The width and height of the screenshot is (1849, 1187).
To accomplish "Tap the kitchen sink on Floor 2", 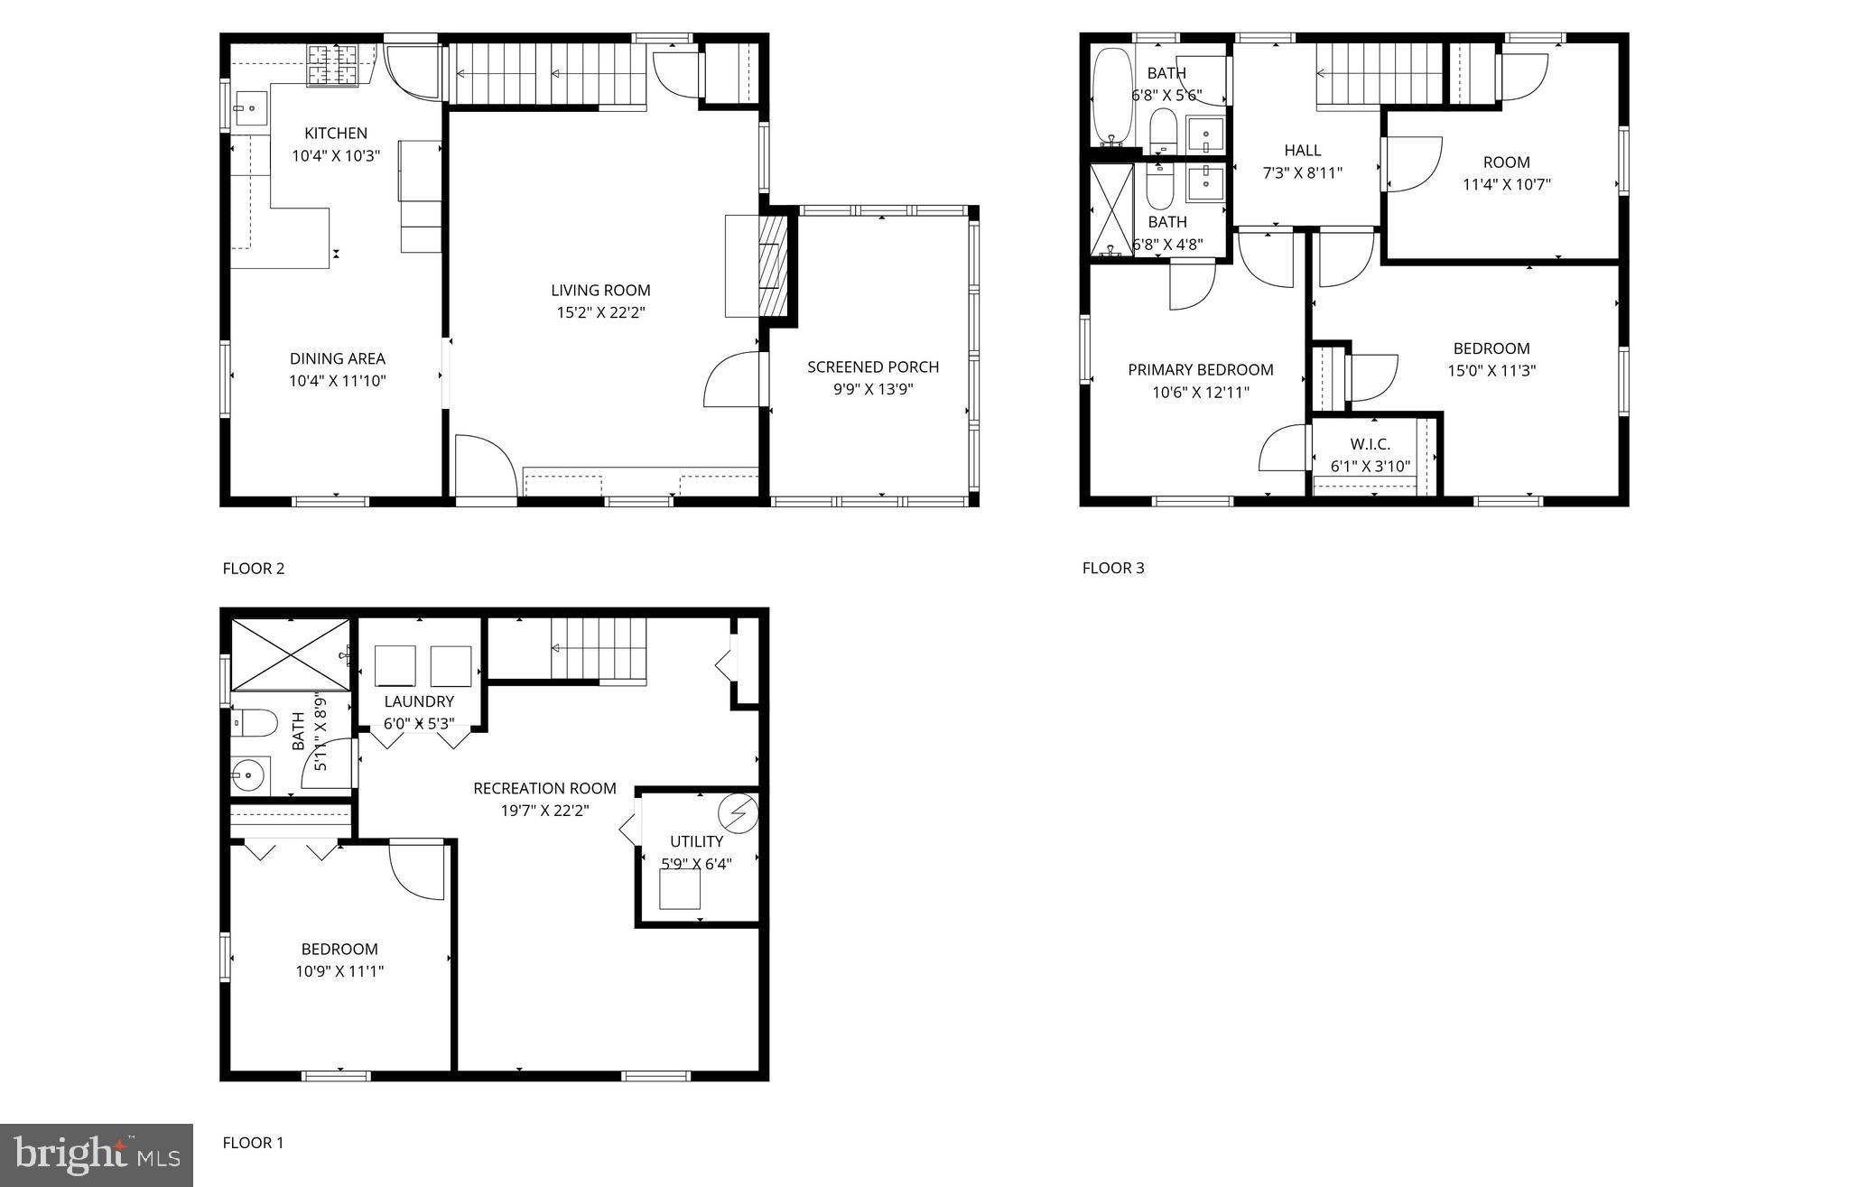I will coord(252,109).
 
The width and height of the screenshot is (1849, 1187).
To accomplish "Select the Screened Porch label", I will coord(872,367).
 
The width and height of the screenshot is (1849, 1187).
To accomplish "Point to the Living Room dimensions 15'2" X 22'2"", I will coord(600,313).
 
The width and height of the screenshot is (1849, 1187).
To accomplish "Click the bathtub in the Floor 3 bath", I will coord(1110,97).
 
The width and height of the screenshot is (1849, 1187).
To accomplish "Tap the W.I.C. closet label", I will coord(1370,444).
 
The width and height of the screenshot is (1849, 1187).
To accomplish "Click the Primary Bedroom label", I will coord(1200,370).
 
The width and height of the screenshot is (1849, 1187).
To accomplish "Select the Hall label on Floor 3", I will coord(1302,151).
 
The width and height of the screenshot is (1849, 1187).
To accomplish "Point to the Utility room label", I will coord(696,841).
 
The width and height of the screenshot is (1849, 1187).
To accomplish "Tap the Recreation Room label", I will coord(544,789).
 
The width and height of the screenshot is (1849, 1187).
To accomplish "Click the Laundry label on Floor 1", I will coord(419,701).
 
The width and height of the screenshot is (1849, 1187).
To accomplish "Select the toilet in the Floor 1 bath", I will coord(254,722).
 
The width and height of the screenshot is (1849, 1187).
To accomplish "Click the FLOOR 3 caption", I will coord(1113,568).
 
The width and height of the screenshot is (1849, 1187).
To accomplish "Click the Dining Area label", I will coord(337,358).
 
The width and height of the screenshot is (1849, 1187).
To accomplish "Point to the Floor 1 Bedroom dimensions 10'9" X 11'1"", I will coord(339,972).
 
